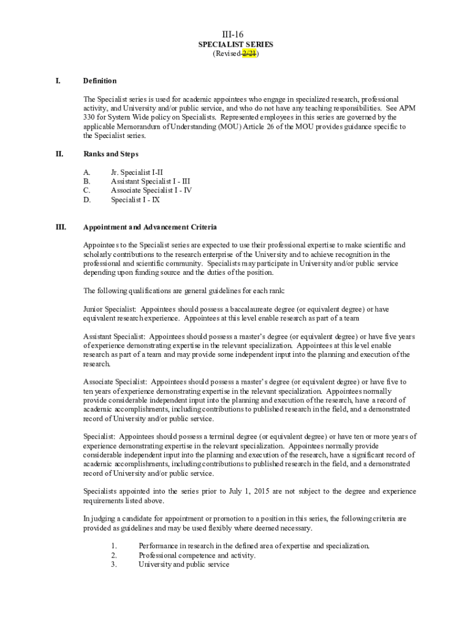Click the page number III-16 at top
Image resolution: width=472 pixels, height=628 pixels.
coord(235,35)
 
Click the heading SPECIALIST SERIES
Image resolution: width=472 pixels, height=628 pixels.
coord(235,45)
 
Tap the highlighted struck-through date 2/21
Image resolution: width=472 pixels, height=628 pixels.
coord(249,54)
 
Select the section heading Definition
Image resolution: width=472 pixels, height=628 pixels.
coord(99,81)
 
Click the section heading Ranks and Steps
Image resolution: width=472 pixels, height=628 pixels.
coord(110,154)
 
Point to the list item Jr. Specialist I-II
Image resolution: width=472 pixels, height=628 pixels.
coord(137,172)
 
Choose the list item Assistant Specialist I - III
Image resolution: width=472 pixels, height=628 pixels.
coord(150,182)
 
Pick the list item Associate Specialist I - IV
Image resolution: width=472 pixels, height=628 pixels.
coord(151,190)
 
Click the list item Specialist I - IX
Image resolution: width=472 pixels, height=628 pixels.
coord(135,199)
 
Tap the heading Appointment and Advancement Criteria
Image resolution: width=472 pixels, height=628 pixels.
coord(150,227)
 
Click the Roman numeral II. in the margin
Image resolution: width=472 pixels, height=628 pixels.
coord(60,154)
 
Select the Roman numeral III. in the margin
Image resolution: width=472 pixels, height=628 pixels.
coord(61,227)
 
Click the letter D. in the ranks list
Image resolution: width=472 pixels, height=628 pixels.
coord(87,199)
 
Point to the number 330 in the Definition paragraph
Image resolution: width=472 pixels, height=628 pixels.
coord(89,117)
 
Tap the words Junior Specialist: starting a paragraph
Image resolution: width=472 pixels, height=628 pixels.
coord(110,309)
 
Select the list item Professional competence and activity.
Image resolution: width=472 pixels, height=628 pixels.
coord(197,555)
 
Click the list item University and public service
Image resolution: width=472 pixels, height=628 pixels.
coord(184,564)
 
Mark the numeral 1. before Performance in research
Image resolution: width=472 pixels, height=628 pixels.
coord(114,546)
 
